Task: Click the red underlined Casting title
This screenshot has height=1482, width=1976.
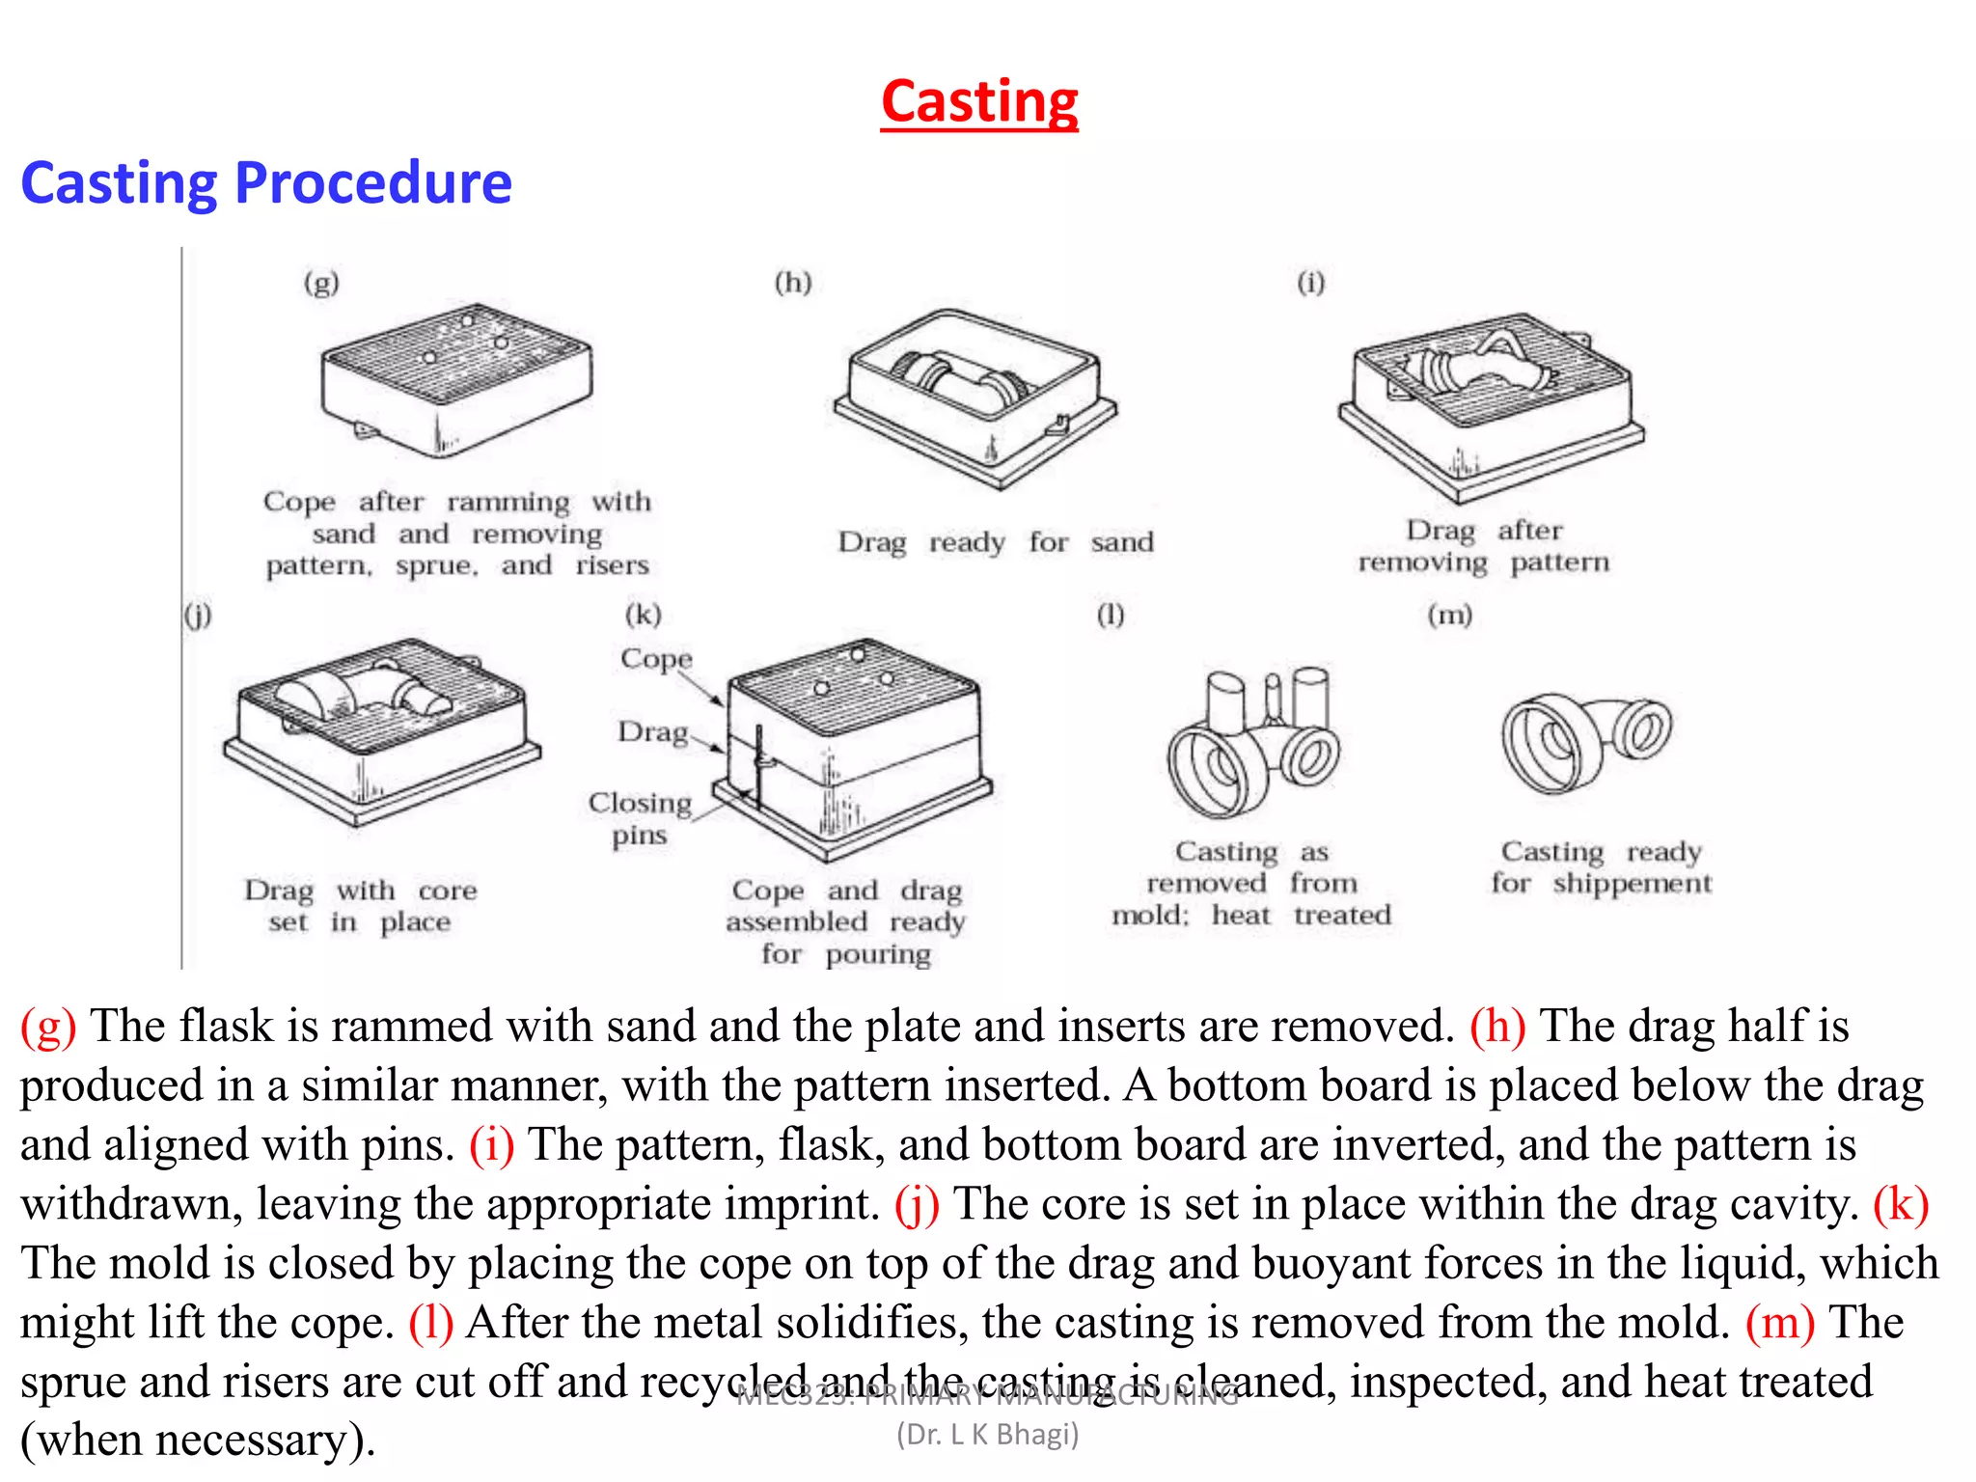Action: (x=979, y=102)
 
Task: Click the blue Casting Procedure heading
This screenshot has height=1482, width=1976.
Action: (x=266, y=182)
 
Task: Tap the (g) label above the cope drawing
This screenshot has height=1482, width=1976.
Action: (x=321, y=283)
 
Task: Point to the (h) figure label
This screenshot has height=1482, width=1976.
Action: (x=793, y=283)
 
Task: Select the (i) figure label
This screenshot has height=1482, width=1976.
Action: (x=1310, y=283)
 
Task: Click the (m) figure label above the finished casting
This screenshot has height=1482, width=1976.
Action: (x=1449, y=615)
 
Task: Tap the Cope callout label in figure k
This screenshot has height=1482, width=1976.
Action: (x=656, y=659)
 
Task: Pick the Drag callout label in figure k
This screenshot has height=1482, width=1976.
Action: (x=653, y=732)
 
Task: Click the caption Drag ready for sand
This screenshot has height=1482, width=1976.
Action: (x=995, y=542)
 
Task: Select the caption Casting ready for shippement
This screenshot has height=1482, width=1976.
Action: (x=1601, y=867)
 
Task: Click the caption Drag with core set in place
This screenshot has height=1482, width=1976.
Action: (x=360, y=905)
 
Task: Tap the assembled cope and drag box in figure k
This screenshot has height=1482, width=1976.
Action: (x=854, y=748)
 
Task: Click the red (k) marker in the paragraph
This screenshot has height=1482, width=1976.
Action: (x=1900, y=1204)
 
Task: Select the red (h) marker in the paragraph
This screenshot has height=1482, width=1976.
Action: (x=1496, y=1026)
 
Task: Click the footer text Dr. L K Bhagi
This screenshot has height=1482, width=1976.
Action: (x=987, y=1435)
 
